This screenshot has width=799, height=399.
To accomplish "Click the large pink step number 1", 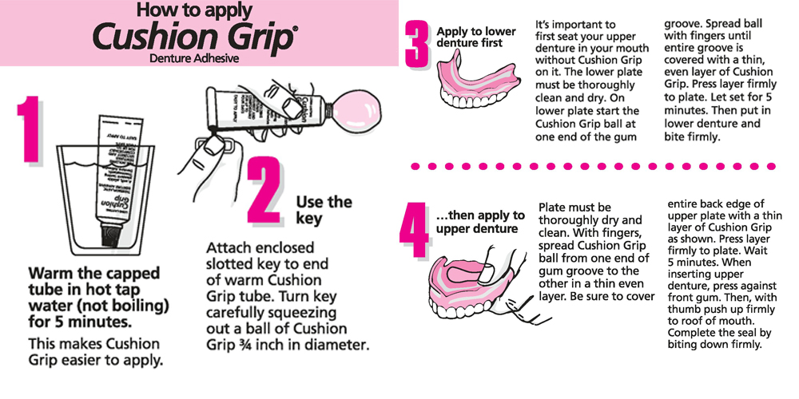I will (x=30, y=132).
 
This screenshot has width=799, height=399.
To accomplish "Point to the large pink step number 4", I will (x=415, y=231).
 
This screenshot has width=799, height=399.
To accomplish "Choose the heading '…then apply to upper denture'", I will (x=480, y=222).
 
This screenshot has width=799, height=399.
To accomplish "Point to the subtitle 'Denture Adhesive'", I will (x=194, y=58).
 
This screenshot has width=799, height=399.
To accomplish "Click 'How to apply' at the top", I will (x=194, y=10).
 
